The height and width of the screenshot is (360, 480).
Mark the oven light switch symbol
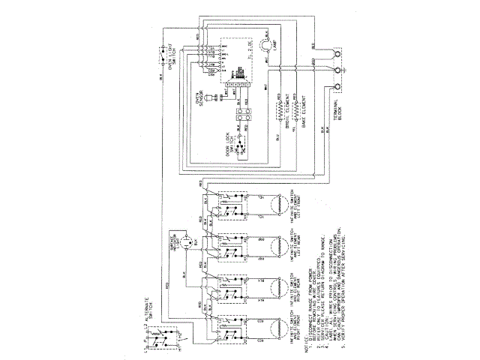point(161,55)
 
